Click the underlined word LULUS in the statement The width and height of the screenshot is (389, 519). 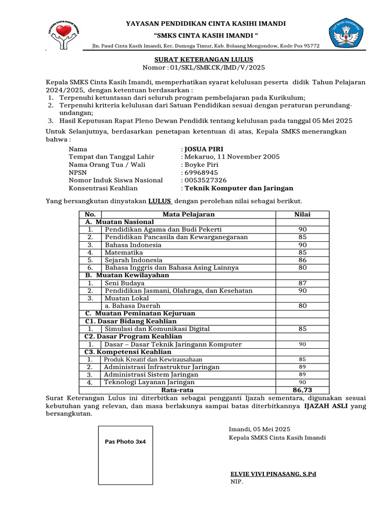point(160,201)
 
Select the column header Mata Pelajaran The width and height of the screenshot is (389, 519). point(188,214)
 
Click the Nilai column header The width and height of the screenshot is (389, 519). point(302,214)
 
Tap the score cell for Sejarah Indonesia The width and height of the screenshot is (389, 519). point(302,260)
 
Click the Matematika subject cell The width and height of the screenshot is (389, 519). point(124,252)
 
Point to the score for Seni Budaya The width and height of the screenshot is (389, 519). point(302,283)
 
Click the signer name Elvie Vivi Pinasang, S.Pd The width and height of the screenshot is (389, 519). point(273,474)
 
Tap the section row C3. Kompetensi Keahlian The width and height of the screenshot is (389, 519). point(128,352)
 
